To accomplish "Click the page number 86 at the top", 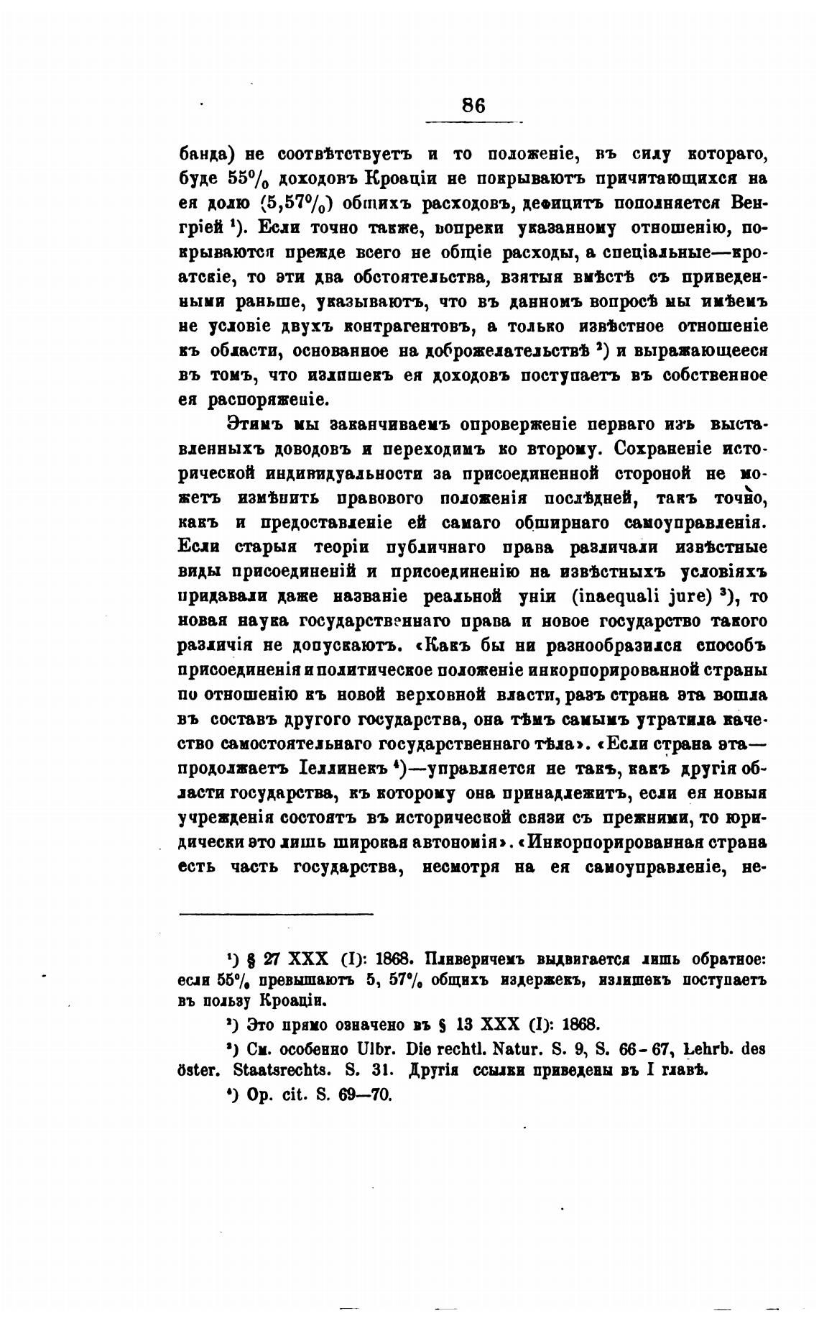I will click(473, 105).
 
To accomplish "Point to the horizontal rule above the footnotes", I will click(276, 914).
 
